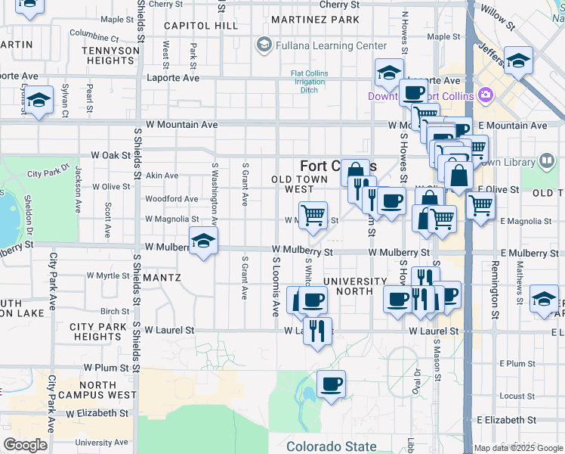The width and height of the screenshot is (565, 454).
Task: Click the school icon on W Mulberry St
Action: pyautogui.click(x=202, y=241)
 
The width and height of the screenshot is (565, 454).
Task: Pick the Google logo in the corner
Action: pyautogui.click(x=25, y=445)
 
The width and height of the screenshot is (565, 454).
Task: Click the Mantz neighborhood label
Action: pyautogui.click(x=161, y=278)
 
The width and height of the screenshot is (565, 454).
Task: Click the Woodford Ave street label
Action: pyautogui.click(x=171, y=199)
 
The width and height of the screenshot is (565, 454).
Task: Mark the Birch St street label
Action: pyautogui.click(x=115, y=311)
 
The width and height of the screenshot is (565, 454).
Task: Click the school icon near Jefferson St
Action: pyautogui.click(x=518, y=61)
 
